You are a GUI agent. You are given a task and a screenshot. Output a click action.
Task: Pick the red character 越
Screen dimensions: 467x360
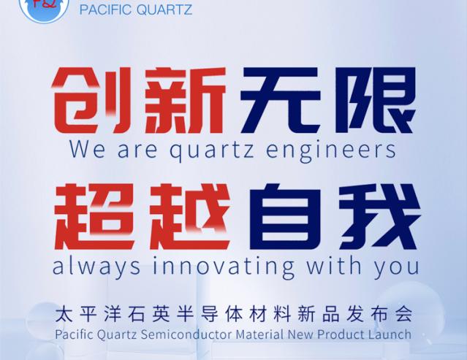pyautogui.click(x=190, y=217)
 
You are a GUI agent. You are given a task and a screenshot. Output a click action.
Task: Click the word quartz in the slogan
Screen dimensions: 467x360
pyautogui.click(x=212, y=150)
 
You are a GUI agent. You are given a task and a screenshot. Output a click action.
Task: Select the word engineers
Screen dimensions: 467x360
pyautogui.click(x=330, y=150)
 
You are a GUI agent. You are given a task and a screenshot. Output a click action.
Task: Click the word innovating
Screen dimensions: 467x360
pyautogui.click(x=224, y=266)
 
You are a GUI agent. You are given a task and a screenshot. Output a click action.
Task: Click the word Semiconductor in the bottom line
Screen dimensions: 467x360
pyautogui.click(x=186, y=334)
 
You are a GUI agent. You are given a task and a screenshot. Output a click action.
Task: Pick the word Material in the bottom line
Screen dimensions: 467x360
pyautogui.click(x=259, y=334)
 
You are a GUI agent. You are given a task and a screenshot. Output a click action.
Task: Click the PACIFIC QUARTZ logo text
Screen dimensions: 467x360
pyautogui.click(x=136, y=9)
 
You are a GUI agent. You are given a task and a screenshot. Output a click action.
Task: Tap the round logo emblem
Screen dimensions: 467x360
pyautogui.click(x=45, y=8)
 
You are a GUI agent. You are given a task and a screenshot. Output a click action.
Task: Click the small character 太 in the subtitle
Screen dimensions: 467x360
pyautogui.click(x=64, y=314)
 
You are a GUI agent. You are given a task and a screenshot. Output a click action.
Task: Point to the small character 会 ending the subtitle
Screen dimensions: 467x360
pyautogui.click(x=404, y=314)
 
